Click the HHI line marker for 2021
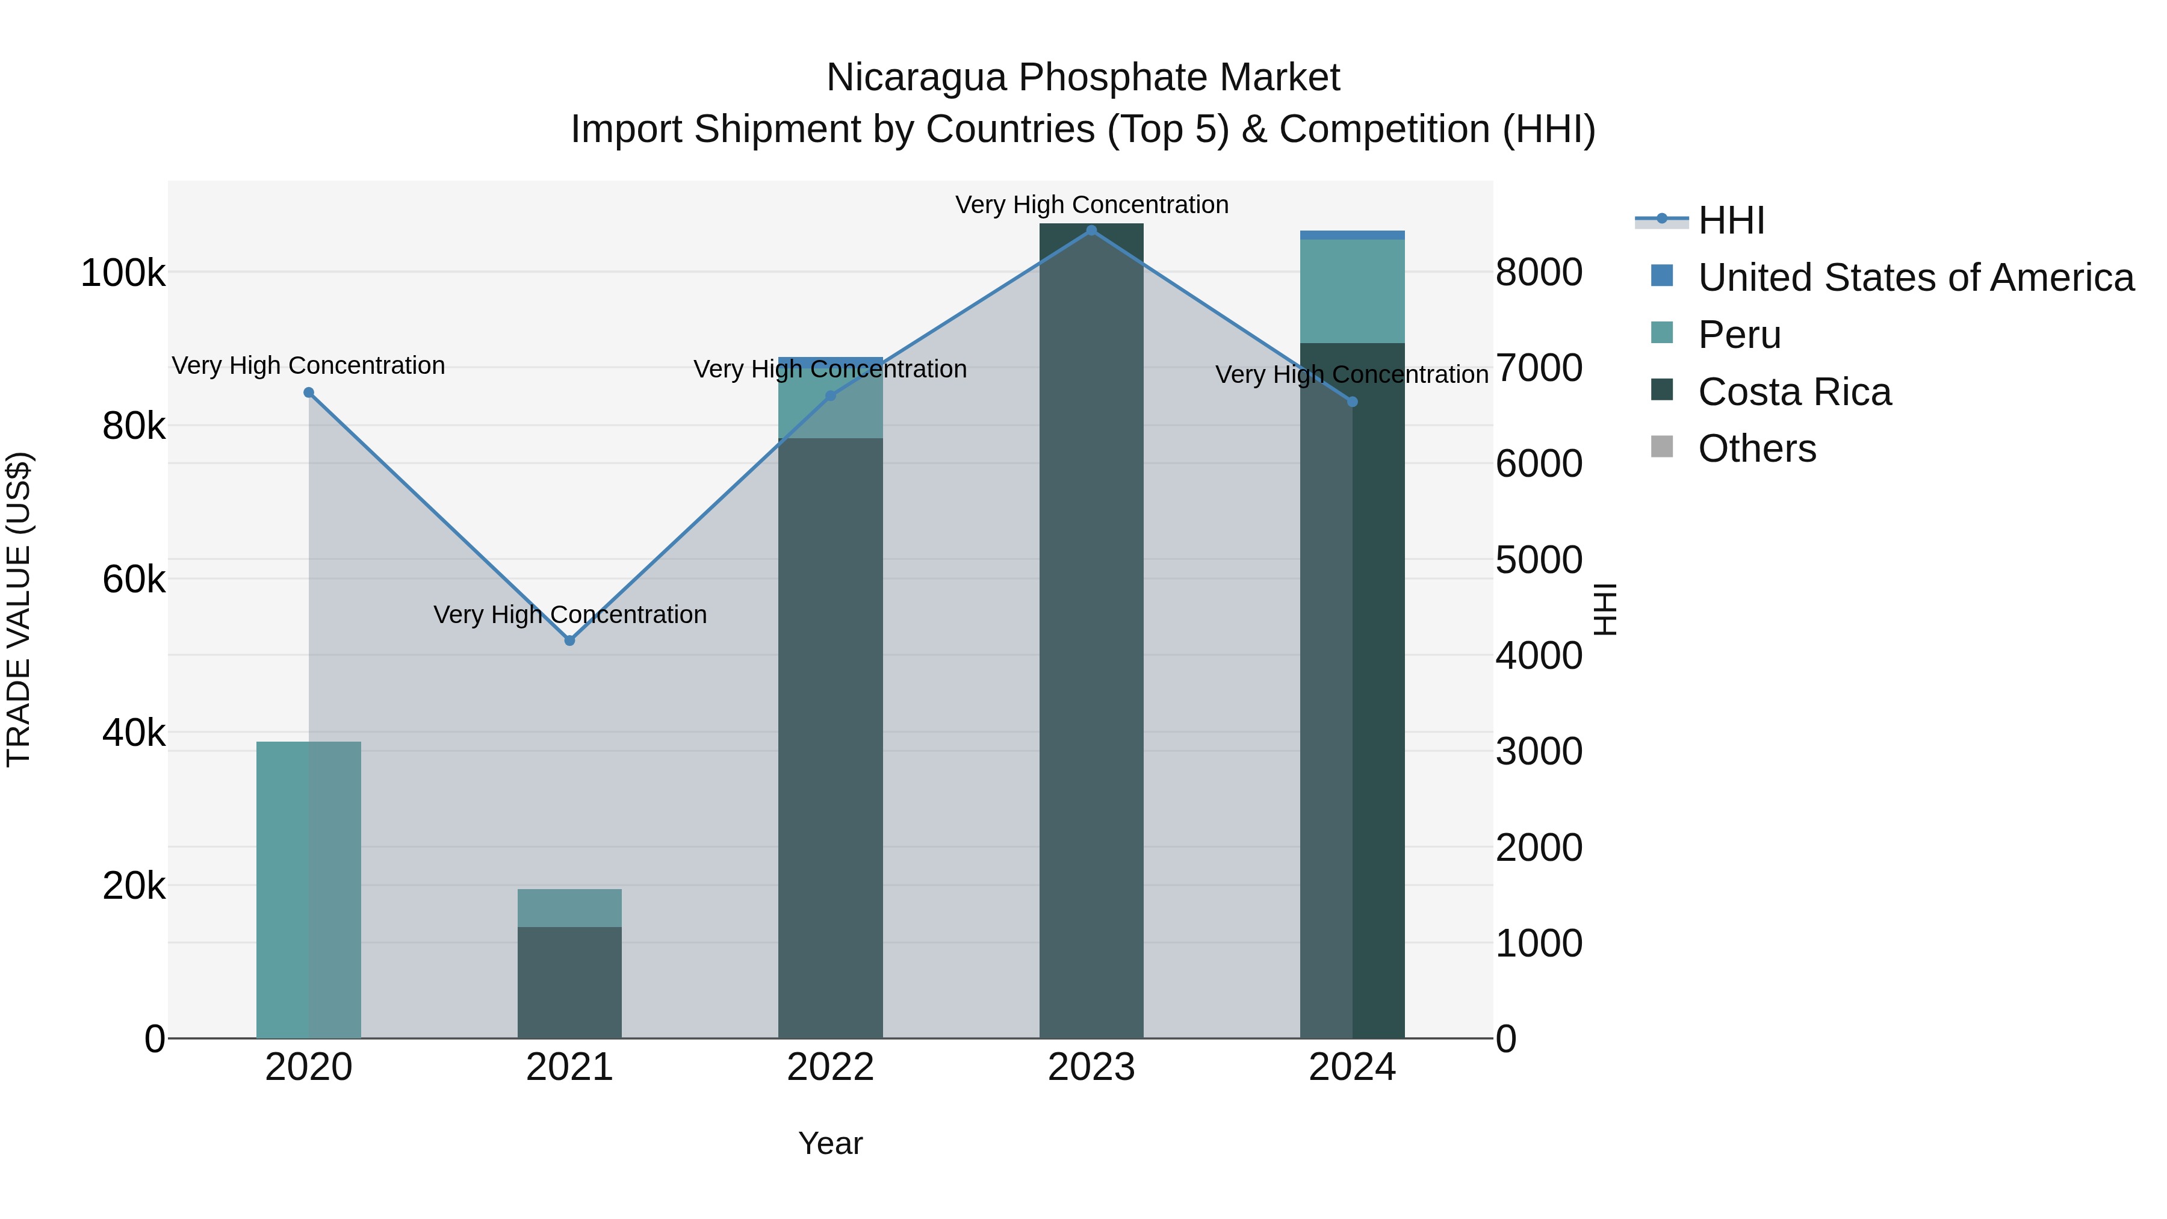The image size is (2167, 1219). pyautogui.click(x=569, y=641)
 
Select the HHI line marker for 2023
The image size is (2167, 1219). pyautogui.click(x=1091, y=231)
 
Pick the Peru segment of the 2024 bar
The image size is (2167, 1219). pyautogui.click(x=1352, y=291)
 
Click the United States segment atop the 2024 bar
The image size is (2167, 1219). pyautogui.click(x=1352, y=235)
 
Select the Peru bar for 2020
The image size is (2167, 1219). pyautogui.click(x=309, y=890)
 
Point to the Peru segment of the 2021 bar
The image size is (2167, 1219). pyautogui.click(x=569, y=908)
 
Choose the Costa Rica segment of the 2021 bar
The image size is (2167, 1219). pyautogui.click(x=569, y=982)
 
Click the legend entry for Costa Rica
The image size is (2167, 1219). pyautogui.click(x=1794, y=392)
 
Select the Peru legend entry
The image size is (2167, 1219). pyautogui.click(x=1739, y=335)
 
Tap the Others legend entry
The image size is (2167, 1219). pyautogui.click(x=1756, y=448)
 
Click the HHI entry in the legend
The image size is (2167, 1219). pyautogui.click(x=1731, y=220)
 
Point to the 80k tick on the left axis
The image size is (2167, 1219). pyautogui.click(x=134, y=427)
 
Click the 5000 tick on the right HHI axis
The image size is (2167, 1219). pyautogui.click(x=1539, y=559)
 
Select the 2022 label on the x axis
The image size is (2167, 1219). pyautogui.click(x=830, y=1067)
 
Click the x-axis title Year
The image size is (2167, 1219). pyautogui.click(x=830, y=1143)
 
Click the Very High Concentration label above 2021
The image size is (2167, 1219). pyautogui.click(x=569, y=615)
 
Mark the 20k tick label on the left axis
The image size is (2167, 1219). pyautogui.click(x=134, y=886)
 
